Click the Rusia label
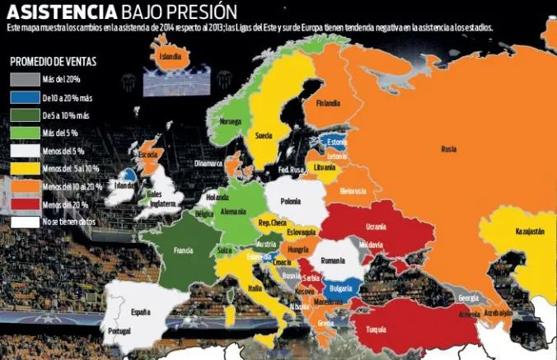tap(449, 149)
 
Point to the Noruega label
tap(231, 120)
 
